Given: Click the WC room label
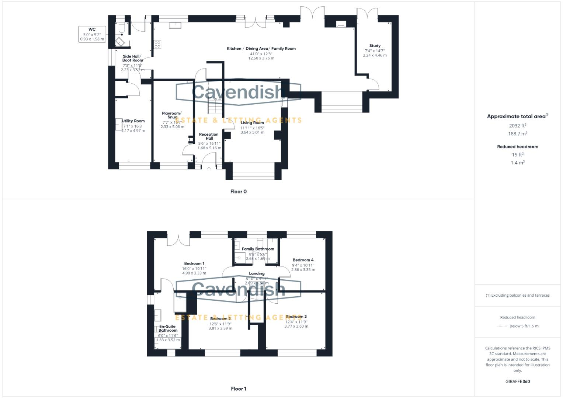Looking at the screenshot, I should coord(92,29).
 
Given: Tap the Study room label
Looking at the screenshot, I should coord(375,46).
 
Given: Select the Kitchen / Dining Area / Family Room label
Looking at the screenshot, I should coord(261,49).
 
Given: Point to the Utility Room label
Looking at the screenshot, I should coord(133,121).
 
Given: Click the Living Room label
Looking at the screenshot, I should coord(252,123).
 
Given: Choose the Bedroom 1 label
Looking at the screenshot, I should coord(194,263).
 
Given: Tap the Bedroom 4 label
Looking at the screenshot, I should coord(303,260).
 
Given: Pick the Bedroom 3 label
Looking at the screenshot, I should coord(296,317).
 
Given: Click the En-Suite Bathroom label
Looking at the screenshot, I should coord(168,328).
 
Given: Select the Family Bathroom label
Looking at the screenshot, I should coord(258,249).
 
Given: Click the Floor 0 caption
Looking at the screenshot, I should coord(238,192).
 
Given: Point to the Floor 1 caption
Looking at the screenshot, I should coord(238,389).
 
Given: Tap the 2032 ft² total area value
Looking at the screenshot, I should coord(518,126).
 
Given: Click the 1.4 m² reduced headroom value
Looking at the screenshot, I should coord(518,163).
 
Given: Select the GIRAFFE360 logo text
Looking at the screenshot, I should coord(517,381).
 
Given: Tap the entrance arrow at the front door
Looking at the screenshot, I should coord(208,168).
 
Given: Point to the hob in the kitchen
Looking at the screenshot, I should coord(157,45).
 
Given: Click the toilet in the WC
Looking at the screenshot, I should coord(121,27).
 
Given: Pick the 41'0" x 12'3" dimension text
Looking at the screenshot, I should coord(261,54).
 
